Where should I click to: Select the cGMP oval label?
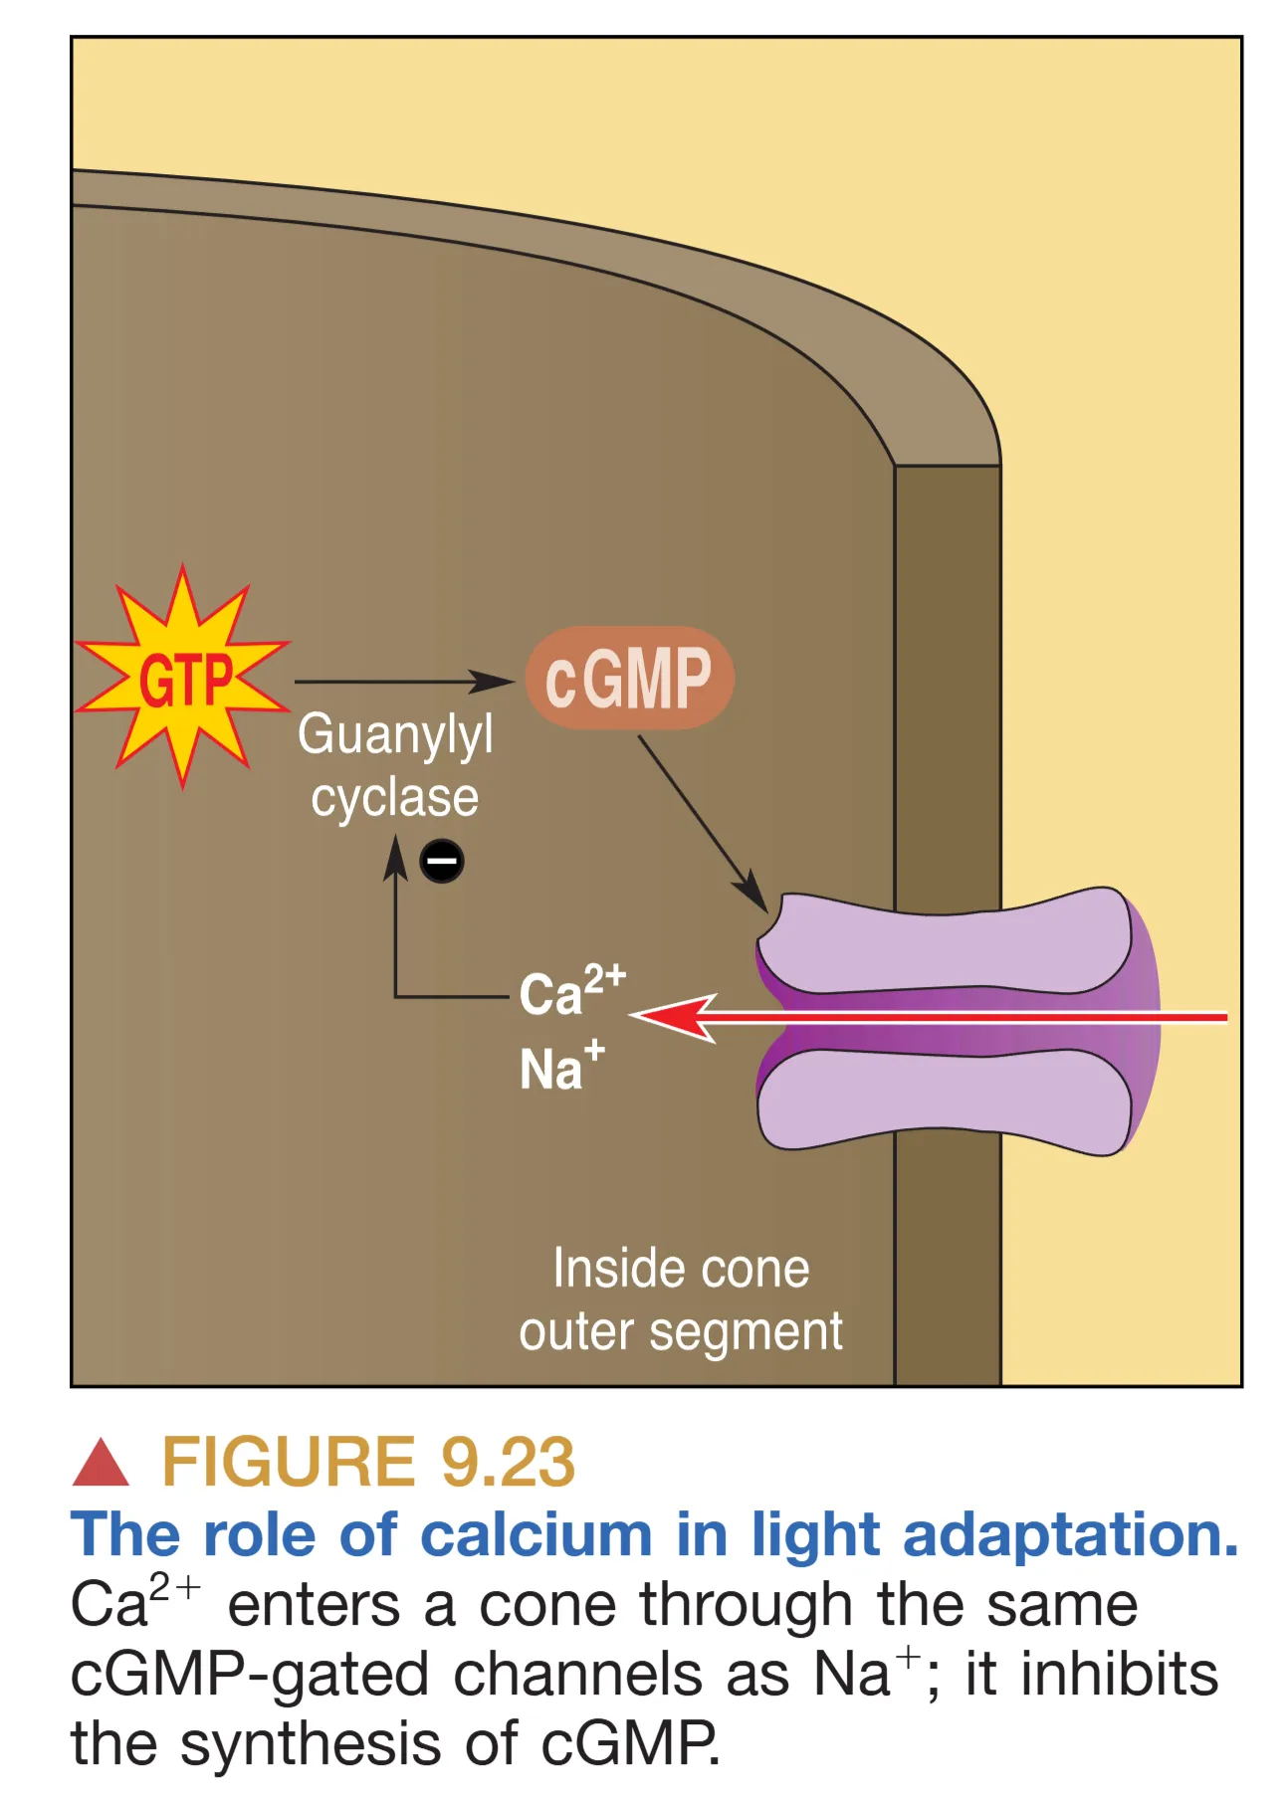629,679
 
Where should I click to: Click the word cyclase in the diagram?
394,798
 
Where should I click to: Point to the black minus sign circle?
442,861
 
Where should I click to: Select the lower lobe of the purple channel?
946,1099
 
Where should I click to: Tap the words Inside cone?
681,1269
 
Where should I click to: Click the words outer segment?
681,1331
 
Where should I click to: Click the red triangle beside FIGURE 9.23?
101,1464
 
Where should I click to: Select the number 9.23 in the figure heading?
508,1462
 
